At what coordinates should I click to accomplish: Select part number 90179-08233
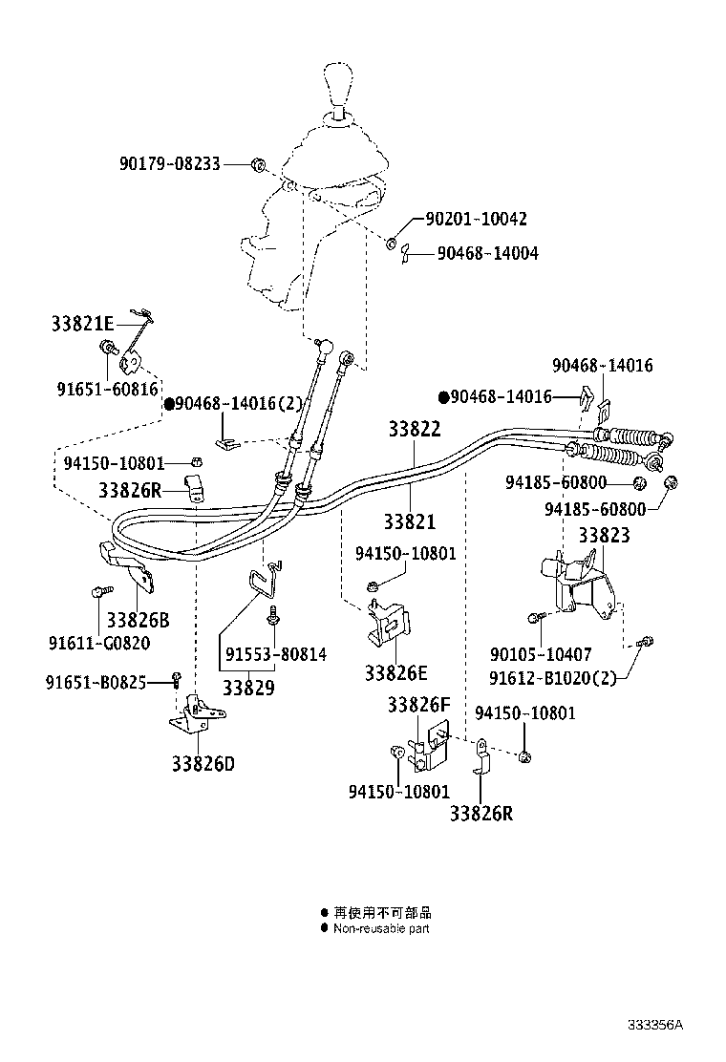(x=169, y=164)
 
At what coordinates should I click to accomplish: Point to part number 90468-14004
(x=487, y=254)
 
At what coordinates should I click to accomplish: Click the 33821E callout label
(x=83, y=324)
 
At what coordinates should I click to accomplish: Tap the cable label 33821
(x=409, y=521)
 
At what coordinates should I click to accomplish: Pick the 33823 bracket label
(x=604, y=536)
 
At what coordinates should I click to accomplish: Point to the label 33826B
(x=138, y=620)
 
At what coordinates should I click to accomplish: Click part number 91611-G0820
(x=99, y=643)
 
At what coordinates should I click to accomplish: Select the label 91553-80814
(x=276, y=654)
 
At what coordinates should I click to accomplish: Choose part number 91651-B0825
(x=96, y=681)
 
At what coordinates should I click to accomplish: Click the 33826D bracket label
(x=203, y=763)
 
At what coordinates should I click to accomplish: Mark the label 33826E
(x=395, y=672)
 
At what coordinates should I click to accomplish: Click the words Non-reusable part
(x=381, y=927)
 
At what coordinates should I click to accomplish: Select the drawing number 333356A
(x=655, y=1025)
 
